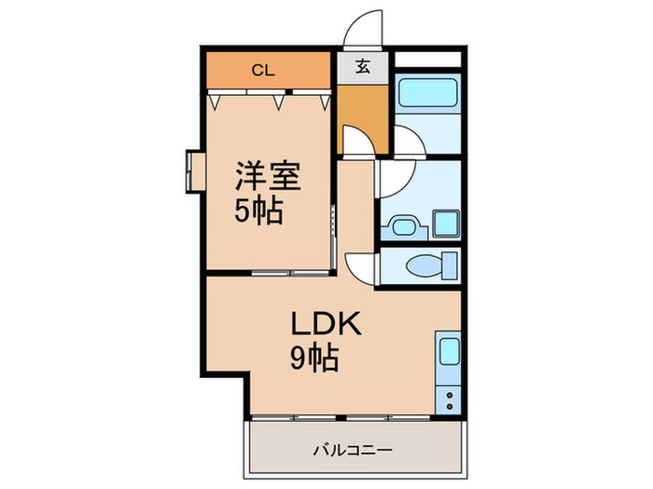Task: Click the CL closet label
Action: point(263,68)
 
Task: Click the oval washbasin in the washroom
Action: point(404,226)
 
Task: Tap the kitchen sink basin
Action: point(448,353)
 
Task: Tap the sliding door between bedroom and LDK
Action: point(289,272)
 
